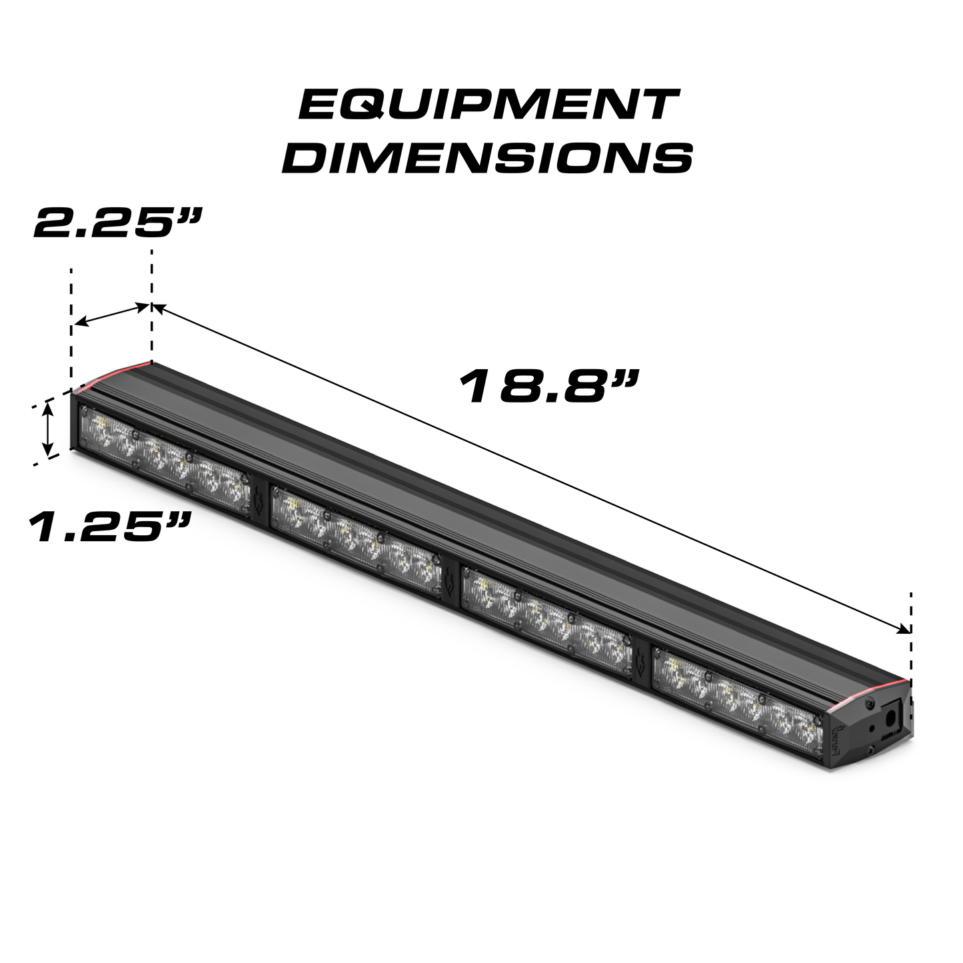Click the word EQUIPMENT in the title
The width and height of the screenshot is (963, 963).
tap(488, 105)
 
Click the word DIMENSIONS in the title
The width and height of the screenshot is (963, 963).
tap(488, 158)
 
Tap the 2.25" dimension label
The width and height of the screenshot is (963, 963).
tap(117, 223)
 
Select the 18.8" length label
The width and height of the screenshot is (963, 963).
tap(550, 387)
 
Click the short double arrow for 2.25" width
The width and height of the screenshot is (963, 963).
tap(112, 315)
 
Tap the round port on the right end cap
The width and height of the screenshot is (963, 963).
tap(889, 719)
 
